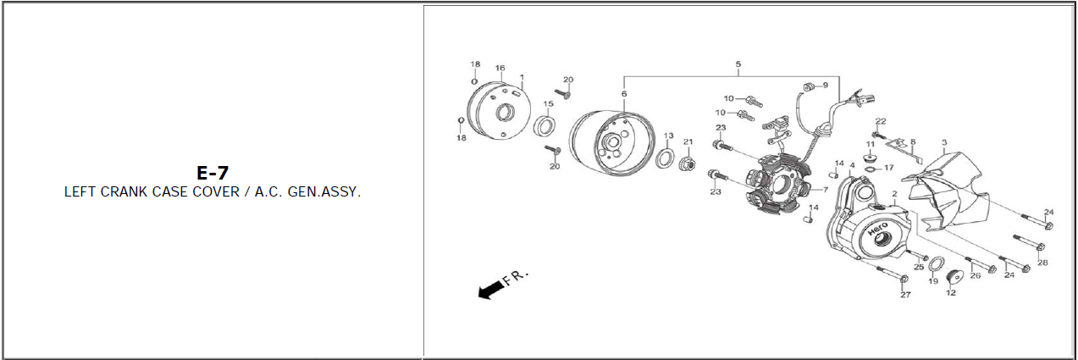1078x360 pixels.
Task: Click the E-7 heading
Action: click(213, 173)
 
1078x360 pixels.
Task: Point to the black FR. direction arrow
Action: click(491, 291)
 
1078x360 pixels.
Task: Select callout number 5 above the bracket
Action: click(738, 64)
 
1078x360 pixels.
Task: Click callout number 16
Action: click(500, 69)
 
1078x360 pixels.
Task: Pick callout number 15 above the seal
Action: click(549, 103)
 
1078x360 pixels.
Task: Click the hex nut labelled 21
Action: click(688, 163)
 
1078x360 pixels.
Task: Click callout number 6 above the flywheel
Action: click(624, 94)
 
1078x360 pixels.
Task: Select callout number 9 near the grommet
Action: click(826, 86)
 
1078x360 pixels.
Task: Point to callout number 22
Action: click(881, 121)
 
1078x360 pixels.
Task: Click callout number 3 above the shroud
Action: click(944, 142)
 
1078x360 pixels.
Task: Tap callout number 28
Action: click(1043, 263)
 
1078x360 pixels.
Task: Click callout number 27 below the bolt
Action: click(906, 295)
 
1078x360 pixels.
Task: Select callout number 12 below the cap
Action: click(951, 292)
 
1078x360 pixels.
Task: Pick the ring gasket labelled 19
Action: click(936, 264)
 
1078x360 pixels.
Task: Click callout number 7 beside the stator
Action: click(826, 190)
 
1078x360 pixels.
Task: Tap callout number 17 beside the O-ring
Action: click(889, 168)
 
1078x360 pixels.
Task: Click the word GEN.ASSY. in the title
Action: click(323, 191)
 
